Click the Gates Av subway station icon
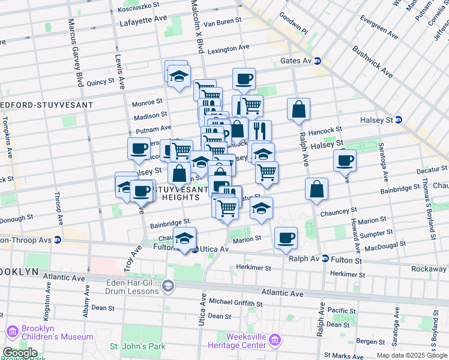[318, 61]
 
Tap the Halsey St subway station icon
[399, 120]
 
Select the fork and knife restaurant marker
[260, 131]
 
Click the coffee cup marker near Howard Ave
[345, 160]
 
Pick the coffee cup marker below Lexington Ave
[244, 79]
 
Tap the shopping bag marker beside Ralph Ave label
[298, 110]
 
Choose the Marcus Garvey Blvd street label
[75, 51]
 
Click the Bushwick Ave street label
[372, 62]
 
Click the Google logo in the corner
[20, 353]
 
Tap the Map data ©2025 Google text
[411, 355]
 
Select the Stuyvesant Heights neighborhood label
[175, 192]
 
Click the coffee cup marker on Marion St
[286, 238]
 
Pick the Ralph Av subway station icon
[325, 259]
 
